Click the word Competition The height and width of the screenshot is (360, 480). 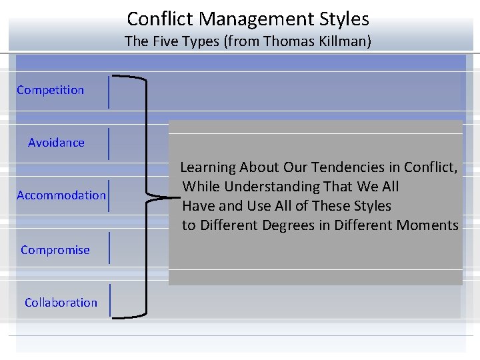[x=51, y=90]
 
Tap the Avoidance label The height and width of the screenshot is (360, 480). [x=56, y=143]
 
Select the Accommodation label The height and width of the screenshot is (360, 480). [x=61, y=195]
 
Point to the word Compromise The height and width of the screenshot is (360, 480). [x=55, y=250]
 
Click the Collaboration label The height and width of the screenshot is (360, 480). [x=61, y=303]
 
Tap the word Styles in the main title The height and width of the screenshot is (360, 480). [x=346, y=19]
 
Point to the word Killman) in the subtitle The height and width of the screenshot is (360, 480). [x=345, y=41]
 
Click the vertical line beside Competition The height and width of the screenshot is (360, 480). [x=109, y=91]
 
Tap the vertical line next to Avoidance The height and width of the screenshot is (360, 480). [x=109, y=143]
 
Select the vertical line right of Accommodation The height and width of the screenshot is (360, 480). [x=109, y=195]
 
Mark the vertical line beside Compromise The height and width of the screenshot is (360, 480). [x=109, y=248]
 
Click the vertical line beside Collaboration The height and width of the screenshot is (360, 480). [x=109, y=300]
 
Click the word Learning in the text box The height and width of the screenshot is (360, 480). [x=207, y=167]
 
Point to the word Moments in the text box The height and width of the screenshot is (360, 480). [x=427, y=225]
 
